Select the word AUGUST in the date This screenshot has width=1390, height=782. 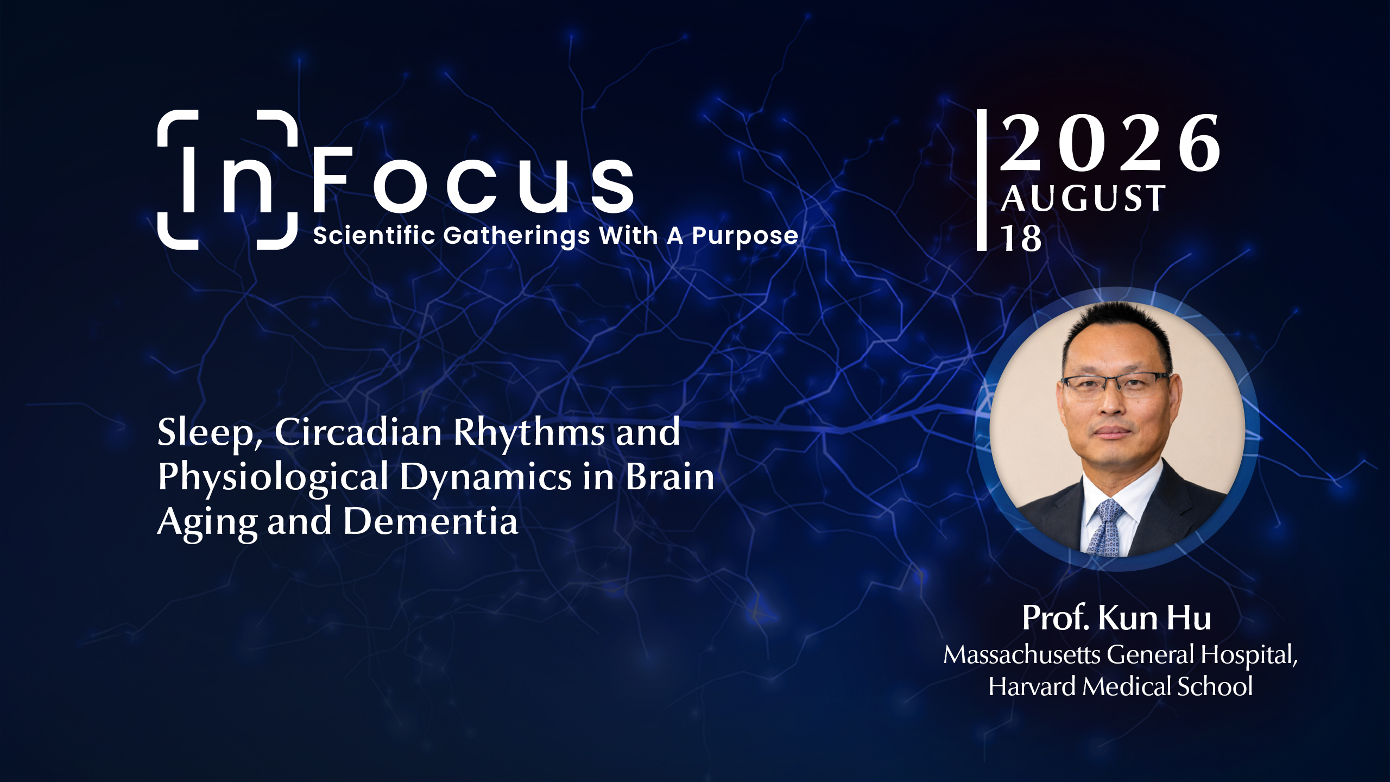click(1083, 198)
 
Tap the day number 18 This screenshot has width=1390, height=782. click(1021, 238)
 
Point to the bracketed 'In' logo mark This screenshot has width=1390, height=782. click(228, 180)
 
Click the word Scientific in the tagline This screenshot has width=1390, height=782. click(374, 235)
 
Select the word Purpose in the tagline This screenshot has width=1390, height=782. click(745, 236)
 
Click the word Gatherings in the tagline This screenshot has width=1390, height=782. click(516, 236)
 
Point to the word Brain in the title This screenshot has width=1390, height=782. click(670, 476)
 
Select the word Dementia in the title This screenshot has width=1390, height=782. click(431, 521)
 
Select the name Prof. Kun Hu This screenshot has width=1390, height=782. click(1116, 618)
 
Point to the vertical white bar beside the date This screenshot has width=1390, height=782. click(982, 180)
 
